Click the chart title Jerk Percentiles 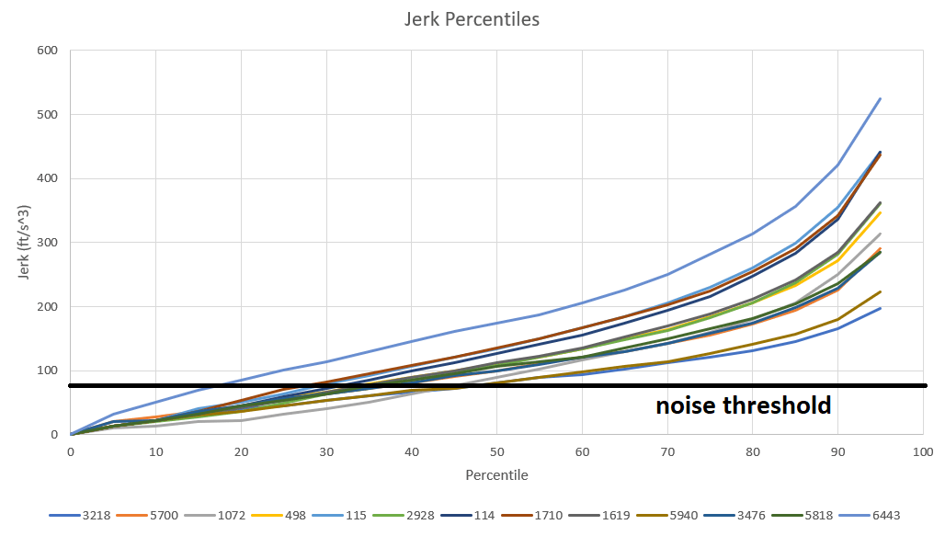pos(472,19)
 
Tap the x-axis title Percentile pos(496,475)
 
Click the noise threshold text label pos(743,405)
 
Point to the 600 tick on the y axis pos(47,51)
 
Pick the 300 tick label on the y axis pos(47,243)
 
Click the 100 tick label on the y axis pos(47,371)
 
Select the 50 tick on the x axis pos(496,452)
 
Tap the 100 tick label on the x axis pos(922,452)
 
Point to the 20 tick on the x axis pos(241,452)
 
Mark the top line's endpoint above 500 pos(881,98)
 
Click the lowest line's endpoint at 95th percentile pos(881,308)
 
